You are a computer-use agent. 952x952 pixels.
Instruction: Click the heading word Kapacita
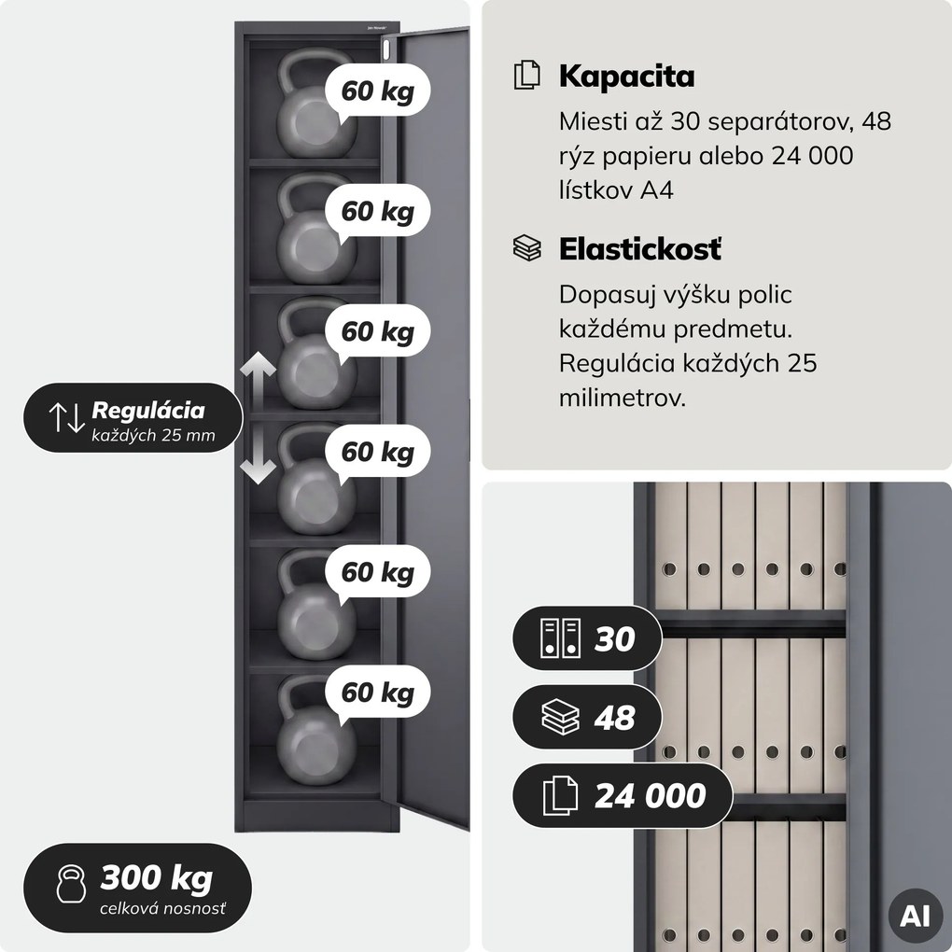point(626,77)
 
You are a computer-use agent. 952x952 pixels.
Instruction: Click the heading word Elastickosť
point(640,249)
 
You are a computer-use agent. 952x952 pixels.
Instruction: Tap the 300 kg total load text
point(157,878)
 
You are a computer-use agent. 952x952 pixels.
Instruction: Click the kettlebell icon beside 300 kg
point(71,884)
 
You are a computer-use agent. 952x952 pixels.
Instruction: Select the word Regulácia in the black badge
point(148,411)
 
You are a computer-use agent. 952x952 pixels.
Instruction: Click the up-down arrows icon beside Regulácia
point(66,417)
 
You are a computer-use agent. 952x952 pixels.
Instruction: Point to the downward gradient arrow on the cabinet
point(258,455)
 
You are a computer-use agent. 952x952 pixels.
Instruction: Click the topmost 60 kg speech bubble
point(378,91)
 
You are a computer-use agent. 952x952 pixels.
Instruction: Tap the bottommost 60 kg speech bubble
point(378,693)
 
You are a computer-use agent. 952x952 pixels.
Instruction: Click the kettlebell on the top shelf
point(313,105)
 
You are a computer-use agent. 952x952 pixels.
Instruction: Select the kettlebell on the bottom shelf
point(314,730)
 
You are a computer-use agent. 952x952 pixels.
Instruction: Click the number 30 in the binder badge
point(614,638)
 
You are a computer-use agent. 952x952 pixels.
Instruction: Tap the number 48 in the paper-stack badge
point(614,718)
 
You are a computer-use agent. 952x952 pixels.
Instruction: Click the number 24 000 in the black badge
point(651,796)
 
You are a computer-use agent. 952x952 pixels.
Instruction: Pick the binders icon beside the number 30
point(560,638)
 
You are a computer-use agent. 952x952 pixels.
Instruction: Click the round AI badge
point(915,916)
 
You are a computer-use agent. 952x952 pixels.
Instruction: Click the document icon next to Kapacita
point(526,76)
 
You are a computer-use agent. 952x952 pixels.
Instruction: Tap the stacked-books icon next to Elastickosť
point(526,248)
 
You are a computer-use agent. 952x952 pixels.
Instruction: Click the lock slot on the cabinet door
point(387,49)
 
